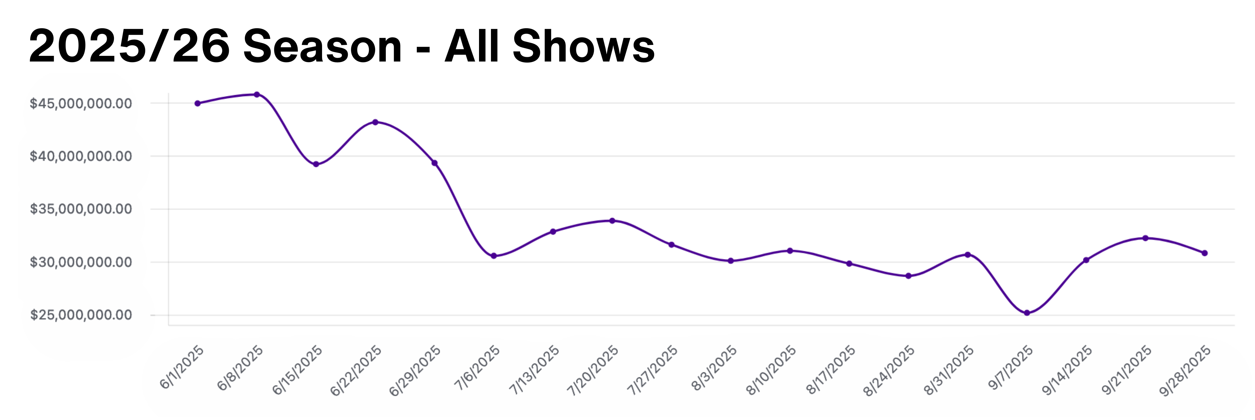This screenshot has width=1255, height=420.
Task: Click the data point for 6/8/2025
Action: coord(257,94)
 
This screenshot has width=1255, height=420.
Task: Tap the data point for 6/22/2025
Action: coord(375,122)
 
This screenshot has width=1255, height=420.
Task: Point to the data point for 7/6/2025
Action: coord(493,256)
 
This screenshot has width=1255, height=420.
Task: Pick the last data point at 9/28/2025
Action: coord(1205,253)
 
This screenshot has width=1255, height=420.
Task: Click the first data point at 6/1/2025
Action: coord(197,103)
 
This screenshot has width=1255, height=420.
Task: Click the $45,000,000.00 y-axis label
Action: coord(81,103)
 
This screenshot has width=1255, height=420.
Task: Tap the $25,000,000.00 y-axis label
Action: coord(81,315)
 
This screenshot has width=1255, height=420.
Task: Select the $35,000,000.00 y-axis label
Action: coord(81,209)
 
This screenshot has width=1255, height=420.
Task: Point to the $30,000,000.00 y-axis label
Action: coord(81,262)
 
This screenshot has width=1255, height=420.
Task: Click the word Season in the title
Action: coord(322,46)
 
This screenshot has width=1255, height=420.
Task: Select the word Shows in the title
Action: coord(583,46)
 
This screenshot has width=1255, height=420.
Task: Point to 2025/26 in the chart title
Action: coord(129,46)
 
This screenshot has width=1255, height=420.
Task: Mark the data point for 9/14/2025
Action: coord(1086,260)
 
